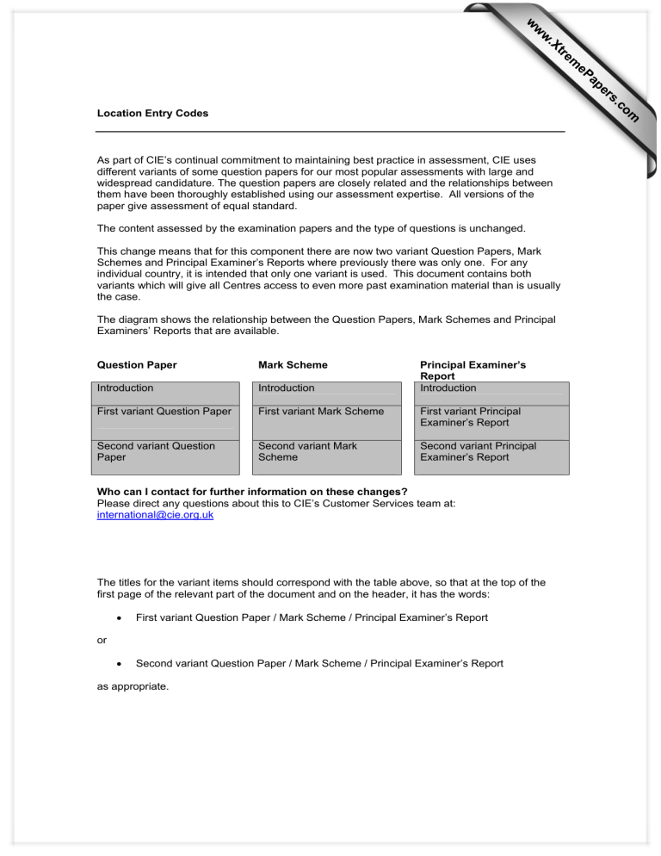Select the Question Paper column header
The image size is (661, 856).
(x=137, y=365)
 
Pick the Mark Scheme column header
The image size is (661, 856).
(x=293, y=365)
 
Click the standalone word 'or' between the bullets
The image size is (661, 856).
(x=101, y=641)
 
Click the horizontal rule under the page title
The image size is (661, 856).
(x=330, y=131)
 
